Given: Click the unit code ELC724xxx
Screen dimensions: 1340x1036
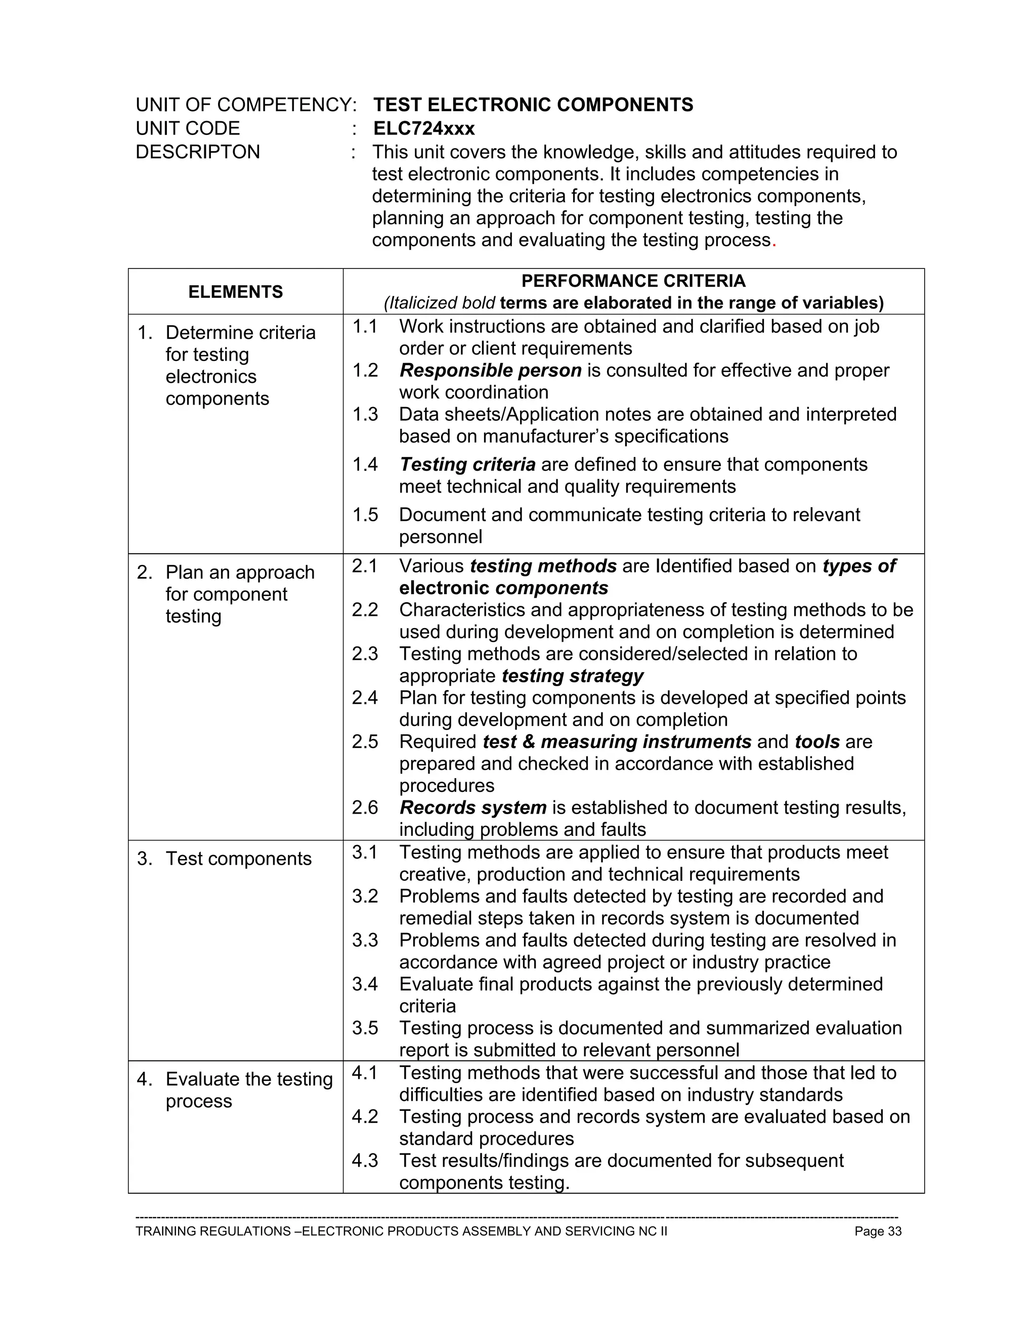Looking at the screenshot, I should point(423,128).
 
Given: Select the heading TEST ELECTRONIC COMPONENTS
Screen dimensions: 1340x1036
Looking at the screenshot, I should point(533,105).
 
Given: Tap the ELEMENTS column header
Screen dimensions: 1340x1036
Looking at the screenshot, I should point(235,292).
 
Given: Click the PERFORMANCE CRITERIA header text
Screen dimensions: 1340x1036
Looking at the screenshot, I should point(633,281).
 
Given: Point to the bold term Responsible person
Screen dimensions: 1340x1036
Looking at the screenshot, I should point(490,371).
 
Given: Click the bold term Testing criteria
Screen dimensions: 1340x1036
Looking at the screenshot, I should point(467,465).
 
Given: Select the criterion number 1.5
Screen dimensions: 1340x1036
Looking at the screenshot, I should point(365,515).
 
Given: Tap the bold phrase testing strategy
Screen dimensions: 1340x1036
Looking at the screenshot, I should point(572,676).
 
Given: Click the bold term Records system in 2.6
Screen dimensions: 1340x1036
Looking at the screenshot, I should point(472,808).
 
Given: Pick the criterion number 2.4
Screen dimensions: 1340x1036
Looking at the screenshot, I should point(365,698).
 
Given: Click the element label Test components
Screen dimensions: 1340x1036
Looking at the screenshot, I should point(238,859).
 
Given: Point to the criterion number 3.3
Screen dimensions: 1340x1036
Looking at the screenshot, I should point(365,940).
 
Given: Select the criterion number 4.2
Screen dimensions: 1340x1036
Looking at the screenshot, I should point(365,1116).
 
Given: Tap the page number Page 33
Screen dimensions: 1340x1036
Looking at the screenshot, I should point(878,1231).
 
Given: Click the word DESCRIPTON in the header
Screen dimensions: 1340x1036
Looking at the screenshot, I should point(198,152).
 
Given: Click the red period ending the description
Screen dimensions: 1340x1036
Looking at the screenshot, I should point(774,241).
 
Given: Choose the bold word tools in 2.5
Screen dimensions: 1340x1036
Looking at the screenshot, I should point(817,742).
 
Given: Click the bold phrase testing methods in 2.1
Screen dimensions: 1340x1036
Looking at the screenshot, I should point(543,566).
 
